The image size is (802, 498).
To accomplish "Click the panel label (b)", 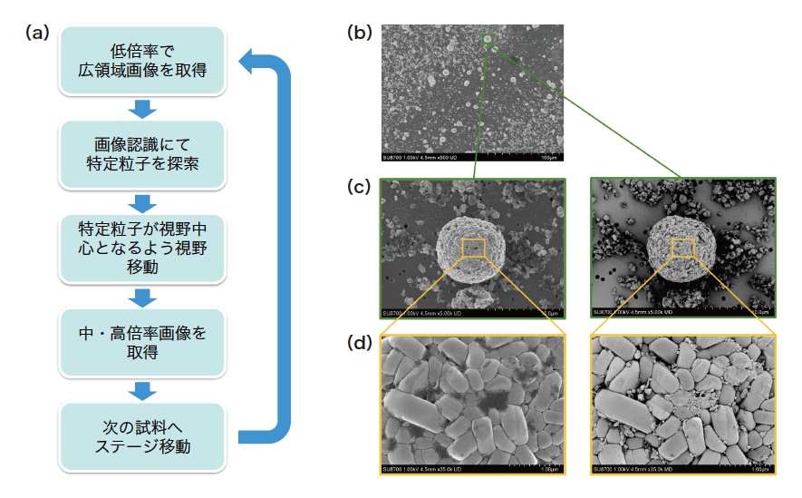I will tap(361, 34).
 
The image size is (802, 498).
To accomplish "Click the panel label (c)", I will tap(361, 188).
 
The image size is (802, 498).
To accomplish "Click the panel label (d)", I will tap(361, 345).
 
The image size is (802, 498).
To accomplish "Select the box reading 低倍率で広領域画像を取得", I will tap(142, 59).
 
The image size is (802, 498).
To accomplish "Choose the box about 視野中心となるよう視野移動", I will tap(142, 246).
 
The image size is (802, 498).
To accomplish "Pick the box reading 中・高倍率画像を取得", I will tap(142, 342).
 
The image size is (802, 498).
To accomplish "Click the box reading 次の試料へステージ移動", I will tap(142, 437).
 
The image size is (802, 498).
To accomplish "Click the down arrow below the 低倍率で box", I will tap(142, 109).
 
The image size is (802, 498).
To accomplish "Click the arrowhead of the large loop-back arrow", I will tap(249, 63).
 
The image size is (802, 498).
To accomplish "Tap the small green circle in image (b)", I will tap(487, 38).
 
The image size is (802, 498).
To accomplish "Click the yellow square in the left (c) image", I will tap(473, 247).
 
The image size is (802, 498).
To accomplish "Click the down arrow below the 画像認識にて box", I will tap(142, 201).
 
